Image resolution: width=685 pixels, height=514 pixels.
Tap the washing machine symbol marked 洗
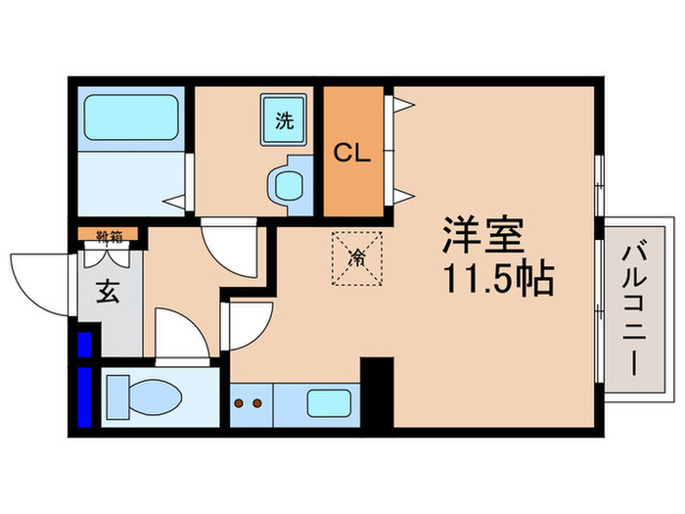pos(284,122)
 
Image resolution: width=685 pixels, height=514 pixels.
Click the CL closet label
pos(353,153)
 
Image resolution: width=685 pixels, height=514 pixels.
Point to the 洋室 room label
pos(484,236)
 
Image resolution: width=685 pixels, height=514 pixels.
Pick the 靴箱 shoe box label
pos(109,235)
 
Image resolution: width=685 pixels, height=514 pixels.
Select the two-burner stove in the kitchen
pos(250,401)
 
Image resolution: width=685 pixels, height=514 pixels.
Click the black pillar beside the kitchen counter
pos(377,392)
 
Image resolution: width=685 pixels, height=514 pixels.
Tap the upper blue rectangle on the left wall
pos(84,346)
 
